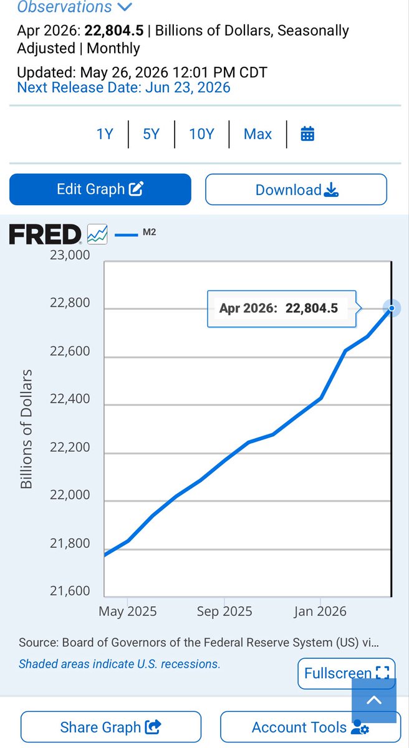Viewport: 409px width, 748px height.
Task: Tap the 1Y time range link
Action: pyautogui.click(x=105, y=134)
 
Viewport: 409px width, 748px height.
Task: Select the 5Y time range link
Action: pyautogui.click(x=152, y=134)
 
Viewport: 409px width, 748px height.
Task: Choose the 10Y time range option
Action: pyautogui.click(x=201, y=134)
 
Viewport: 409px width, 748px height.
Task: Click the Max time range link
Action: pyautogui.click(x=257, y=134)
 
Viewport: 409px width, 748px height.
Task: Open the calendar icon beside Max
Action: pyautogui.click(x=307, y=134)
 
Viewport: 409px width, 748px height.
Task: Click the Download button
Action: pyautogui.click(x=296, y=189)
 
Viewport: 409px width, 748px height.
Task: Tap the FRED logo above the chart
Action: pyautogui.click(x=45, y=234)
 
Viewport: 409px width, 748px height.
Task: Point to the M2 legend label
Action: pyautogui.click(x=149, y=232)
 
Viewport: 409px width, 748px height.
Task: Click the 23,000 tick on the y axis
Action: pyautogui.click(x=70, y=255)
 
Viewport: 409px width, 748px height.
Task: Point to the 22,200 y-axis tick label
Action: pyautogui.click(x=70, y=447)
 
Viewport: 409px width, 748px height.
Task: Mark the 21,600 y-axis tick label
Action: pyautogui.click(x=70, y=591)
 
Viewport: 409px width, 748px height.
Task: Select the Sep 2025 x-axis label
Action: pyautogui.click(x=224, y=611)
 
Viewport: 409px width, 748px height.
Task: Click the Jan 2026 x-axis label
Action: pyautogui.click(x=320, y=611)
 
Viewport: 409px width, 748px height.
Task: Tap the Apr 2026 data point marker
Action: pyautogui.click(x=392, y=308)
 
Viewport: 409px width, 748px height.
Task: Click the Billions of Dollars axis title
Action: pyautogui.click(x=26, y=429)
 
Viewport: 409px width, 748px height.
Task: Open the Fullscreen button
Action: pyautogui.click(x=347, y=674)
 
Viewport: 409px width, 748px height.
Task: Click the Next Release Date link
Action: pyautogui.click(x=123, y=87)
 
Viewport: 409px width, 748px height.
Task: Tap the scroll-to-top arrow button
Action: pyautogui.click(x=374, y=700)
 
